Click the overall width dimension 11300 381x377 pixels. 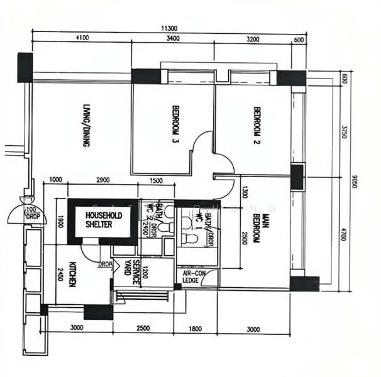click(x=168, y=28)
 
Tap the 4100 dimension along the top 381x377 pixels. click(x=81, y=38)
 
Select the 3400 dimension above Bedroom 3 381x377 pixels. click(x=173, y=38)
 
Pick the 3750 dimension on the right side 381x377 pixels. click(x=343, y=133)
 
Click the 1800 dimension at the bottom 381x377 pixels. click(x=196, y=329)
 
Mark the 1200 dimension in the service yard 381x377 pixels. click(x=145, y=272)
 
